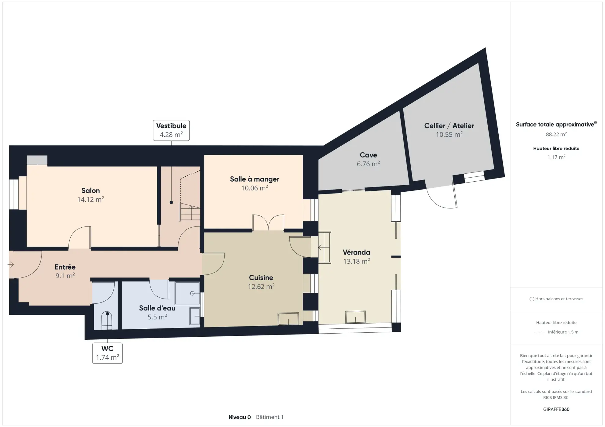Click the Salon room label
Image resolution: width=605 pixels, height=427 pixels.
pos(90,190)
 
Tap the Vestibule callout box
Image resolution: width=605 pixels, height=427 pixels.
pos(171,130)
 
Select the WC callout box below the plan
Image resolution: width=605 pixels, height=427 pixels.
pos(107,353)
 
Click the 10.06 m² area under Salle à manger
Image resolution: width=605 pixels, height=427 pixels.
pos(255,188)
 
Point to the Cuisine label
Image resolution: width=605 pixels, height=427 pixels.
pos(261,277)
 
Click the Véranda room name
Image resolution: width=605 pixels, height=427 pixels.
pos(356,252)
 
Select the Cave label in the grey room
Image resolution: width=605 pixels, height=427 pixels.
pos(368,155)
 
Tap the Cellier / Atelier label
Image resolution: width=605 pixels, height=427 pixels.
pos(449,126)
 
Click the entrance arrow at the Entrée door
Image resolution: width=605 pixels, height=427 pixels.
pos(11,265)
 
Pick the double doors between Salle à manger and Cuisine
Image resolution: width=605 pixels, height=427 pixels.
pos(268,223)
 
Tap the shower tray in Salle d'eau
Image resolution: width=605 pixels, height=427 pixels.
pos(187,293)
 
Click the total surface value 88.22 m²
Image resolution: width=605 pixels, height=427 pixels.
pos(556,134)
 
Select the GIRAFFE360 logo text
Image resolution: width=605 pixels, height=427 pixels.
pos(556,409)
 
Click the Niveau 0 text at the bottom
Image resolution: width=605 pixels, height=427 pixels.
pos(240,417)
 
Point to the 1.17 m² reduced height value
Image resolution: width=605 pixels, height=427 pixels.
pos(556,157)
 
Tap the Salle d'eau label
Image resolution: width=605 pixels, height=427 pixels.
pos(157,308)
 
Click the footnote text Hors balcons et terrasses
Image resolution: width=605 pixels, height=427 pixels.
pos(556,299)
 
